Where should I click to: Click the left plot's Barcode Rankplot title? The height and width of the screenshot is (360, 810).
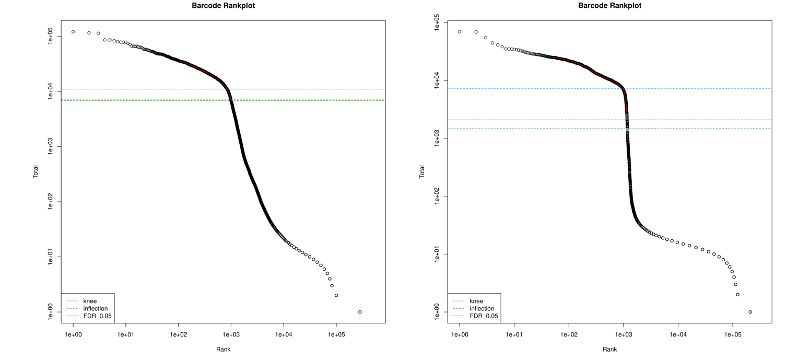coord(223,6)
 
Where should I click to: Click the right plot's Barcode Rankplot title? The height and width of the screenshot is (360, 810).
coord(610,6)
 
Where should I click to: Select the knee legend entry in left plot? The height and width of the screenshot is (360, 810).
coord(90,301)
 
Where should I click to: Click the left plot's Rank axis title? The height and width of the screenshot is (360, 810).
coord(223,349)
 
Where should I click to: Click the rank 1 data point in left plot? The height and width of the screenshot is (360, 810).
coord(73,32)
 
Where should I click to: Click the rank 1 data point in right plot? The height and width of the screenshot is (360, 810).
coord(460,32)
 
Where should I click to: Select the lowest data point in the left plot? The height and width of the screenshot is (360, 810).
coord(360,312)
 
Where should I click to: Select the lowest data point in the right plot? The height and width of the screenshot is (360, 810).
coord(750,312)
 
